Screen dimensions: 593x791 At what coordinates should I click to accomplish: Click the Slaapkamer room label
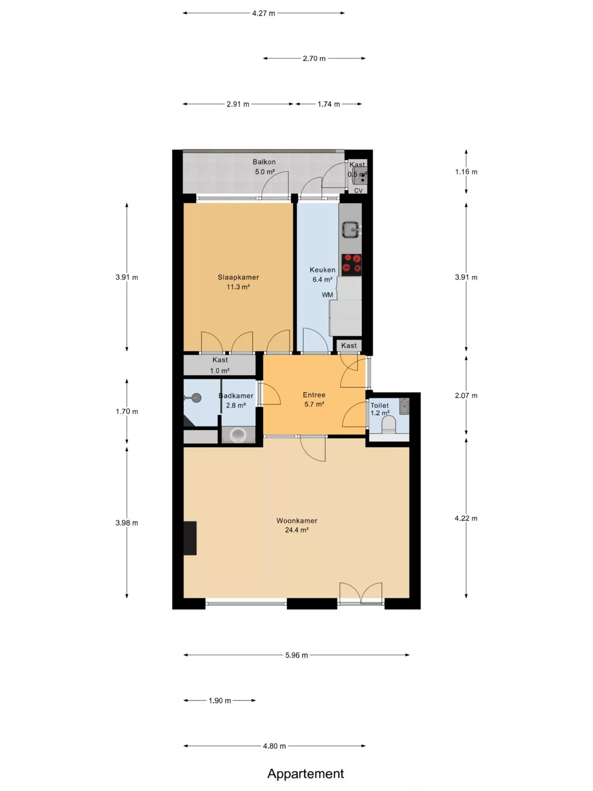238,277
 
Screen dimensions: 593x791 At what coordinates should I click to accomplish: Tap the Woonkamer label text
296,521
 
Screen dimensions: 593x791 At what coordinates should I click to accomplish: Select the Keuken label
322,270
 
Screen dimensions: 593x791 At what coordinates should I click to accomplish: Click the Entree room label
314,395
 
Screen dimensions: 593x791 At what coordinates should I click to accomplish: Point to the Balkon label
264,162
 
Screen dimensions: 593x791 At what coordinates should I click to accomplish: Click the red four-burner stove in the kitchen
351,264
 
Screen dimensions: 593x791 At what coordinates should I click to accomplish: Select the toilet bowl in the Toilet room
389,425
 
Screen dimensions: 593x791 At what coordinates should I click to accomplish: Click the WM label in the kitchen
327,295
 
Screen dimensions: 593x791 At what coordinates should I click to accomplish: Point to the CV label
358,191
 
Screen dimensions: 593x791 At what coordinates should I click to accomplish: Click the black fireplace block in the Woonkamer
190,538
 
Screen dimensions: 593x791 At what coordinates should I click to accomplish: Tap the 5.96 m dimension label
296,655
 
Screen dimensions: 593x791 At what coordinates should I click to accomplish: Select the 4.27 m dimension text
264,13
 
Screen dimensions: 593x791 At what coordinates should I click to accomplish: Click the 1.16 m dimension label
466,172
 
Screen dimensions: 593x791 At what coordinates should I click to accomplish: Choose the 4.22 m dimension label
466,518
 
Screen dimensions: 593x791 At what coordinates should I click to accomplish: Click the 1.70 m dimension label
127,411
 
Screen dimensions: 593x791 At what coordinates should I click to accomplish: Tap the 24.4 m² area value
296,530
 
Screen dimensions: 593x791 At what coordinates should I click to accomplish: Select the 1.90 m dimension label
219,700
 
